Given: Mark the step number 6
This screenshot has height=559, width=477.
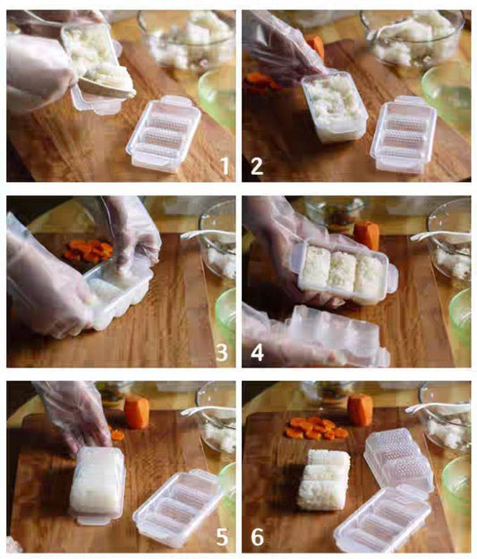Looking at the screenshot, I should pyautogui.click(x=257, y=537).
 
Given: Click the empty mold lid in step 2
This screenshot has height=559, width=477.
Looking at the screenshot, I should pyautogui.click(x=405, y=133).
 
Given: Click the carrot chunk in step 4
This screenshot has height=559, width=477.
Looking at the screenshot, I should pyautogui.click(x=366, y=235).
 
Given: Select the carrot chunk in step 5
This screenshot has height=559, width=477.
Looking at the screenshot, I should pyautogui.click(x=137, y=411).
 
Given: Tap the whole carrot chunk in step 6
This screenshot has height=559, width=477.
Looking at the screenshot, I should pyautogui.click(x=360, y=408).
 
